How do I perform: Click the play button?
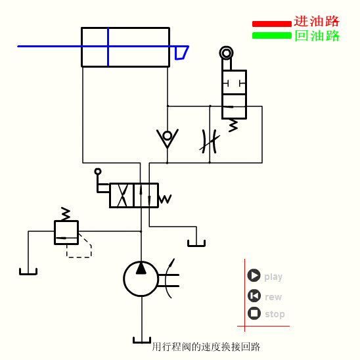coord(254,276)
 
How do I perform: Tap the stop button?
coord(254,313)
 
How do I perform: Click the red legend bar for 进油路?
coord(271,24)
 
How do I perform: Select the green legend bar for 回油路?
coord(271,35)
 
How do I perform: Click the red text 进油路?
coord(317,22)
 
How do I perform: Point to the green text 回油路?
coord(317,35)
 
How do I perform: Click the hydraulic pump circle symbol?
coord(141,279)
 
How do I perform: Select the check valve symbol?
coord(168,137)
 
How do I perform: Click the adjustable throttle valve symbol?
coord(210,140)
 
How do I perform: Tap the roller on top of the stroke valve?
coord(227,53)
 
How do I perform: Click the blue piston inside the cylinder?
coord(108,47)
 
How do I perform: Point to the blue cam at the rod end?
coord(181,53)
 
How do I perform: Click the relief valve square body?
coord(66,233)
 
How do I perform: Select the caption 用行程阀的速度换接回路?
coord(206,346)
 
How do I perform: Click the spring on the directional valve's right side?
coord(165,198)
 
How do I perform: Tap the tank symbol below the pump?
coord(142,340)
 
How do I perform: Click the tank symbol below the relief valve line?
coord(28,271)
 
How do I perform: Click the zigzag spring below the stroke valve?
coord(233,125)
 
